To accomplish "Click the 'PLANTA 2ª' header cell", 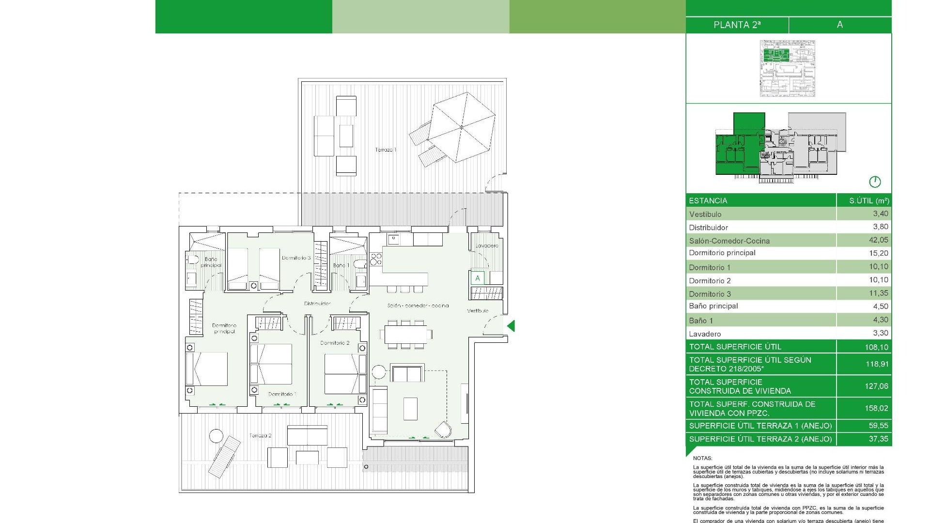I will pyautogui.click(x=737, y=25).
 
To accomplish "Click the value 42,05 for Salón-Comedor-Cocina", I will pyautogui.click(x=878, y=240).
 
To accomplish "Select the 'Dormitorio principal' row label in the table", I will pyautogui.click(x=722, y=253).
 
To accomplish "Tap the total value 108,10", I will pyautogui.click(x=876, y=347).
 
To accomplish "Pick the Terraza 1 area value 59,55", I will pyautogui.click(x=878, y=426).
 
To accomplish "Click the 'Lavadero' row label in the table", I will pyautogui.click(x=705, y=334).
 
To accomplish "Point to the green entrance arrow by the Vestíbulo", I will pyautogui.click(x=511, y=326).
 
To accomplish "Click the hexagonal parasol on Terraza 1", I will pyautogui.click(x=461, y=127).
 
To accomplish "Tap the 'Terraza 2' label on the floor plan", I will pyautogui.click(x=261, y=435).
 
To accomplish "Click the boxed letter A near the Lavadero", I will pyautogui.click(x=477, y=278).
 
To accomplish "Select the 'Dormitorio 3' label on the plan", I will pyautogui.click(x=296, y=258).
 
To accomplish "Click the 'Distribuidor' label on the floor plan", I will pyautogui.click(x=317, y=304).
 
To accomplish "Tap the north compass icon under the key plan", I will pyautogui.click(x=874, y=182).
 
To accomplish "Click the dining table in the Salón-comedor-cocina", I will pyautogui.click(x=405, y=334).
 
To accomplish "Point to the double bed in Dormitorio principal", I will pyautogui.click(x=207, y=369).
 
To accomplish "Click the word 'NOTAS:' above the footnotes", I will pyautogui.click(x=702, y=458).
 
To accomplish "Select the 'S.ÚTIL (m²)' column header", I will pyautogui.click(x=868, y=200).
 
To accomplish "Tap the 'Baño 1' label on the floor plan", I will pyautogui.click(x=341, y=265).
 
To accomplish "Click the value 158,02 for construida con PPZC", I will pyautogui.click(x=876, y=408).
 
